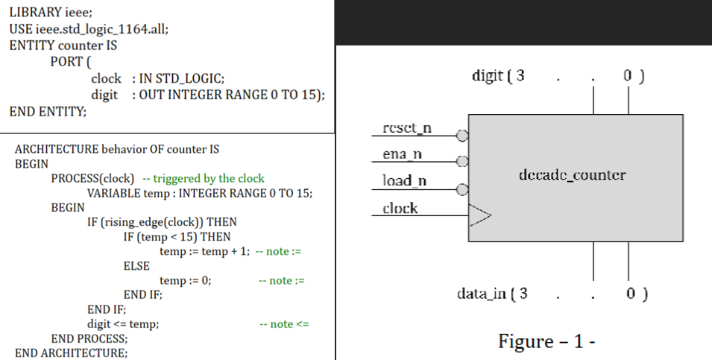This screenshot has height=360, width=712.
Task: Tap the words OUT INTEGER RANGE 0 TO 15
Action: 229,95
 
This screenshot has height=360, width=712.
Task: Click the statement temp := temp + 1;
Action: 204,252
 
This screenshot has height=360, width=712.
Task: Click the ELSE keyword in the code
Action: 136,266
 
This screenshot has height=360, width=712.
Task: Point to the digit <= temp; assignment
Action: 123,323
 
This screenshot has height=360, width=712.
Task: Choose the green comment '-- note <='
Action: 283,323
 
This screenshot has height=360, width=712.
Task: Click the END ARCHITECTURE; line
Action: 72,353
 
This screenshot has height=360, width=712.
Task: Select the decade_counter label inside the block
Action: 571,176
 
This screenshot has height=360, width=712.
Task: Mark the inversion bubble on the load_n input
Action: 462,189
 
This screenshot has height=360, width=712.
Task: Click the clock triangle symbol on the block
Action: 479,216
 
